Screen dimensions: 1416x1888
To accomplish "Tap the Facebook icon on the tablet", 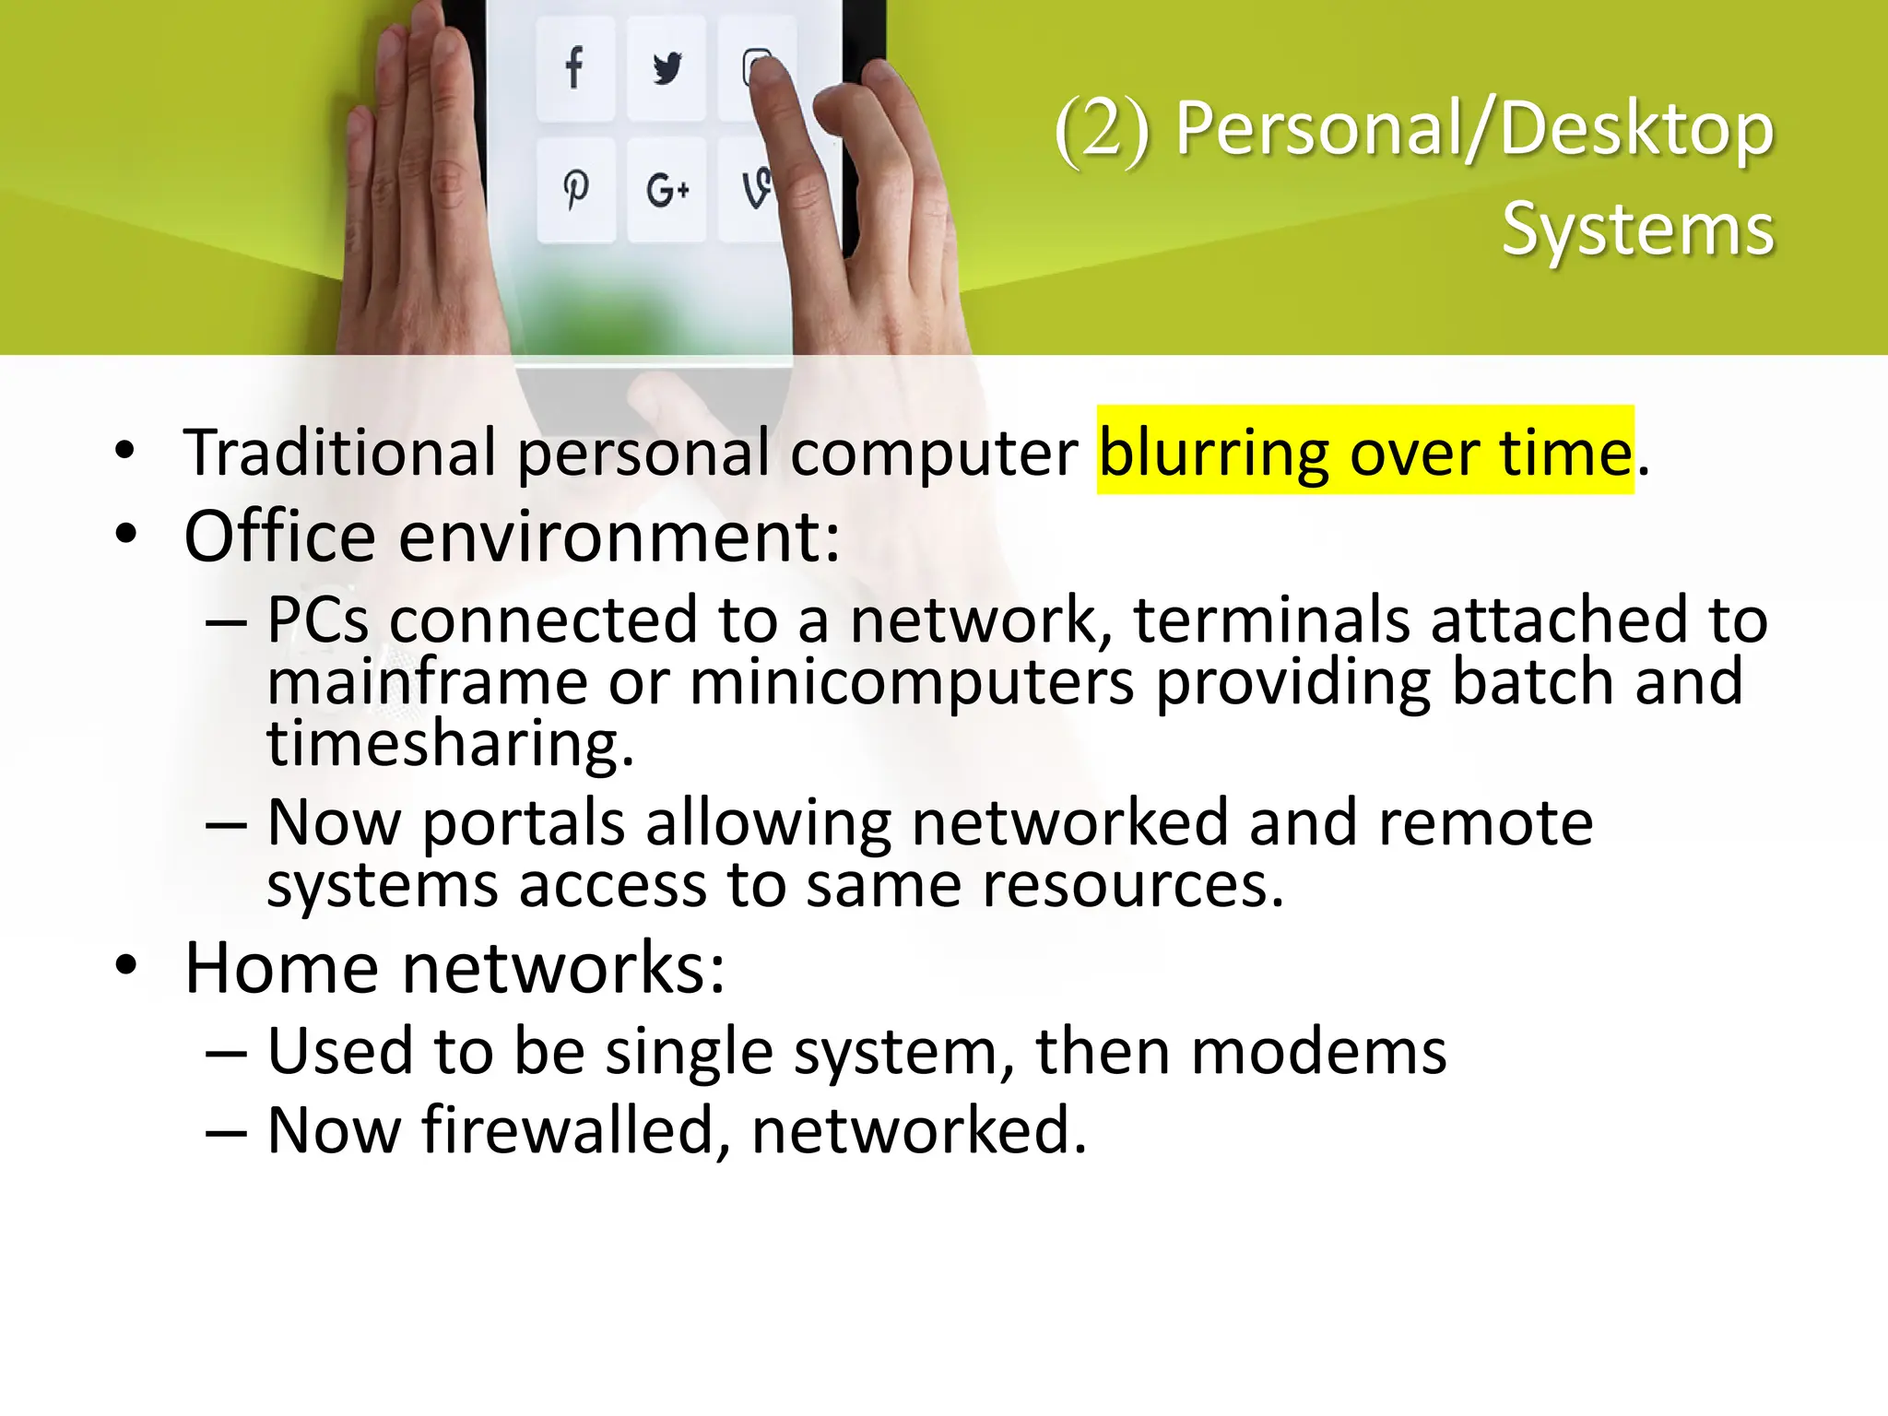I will click(x=574, y=67).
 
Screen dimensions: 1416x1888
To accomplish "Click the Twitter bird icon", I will click(x=667, y=68).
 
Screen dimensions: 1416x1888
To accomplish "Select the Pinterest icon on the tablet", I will click(x=576, y=190).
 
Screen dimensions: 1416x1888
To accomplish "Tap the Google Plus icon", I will click(x=667, y=190).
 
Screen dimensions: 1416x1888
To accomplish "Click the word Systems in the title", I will click(x=1637, y=230).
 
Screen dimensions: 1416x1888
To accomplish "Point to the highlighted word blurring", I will click(x=1213, y=453).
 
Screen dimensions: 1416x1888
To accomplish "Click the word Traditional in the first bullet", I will click(x=340, y=453).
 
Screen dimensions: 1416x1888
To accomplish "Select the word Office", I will click(x=280, y=537).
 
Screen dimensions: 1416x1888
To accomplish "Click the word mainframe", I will click(x=427, y=682).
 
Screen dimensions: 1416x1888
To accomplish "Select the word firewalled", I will click(x=568, y=1130).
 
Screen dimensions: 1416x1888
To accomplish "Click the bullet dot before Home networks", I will click(x=126, y=966).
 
